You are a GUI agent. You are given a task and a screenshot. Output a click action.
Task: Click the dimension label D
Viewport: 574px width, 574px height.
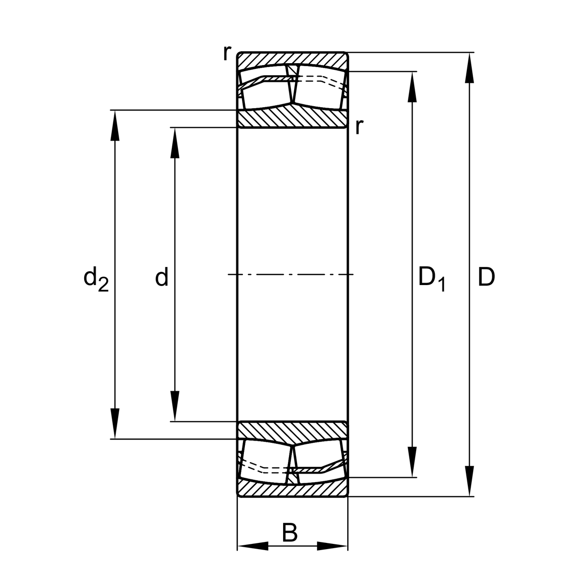486,277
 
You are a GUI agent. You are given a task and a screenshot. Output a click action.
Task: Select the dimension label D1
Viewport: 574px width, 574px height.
431,279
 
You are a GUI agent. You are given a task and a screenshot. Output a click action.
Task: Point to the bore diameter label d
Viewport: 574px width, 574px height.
162,277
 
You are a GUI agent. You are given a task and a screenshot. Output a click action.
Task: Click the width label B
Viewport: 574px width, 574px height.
289,533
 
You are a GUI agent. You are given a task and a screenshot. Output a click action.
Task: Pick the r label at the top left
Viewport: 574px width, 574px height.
226,54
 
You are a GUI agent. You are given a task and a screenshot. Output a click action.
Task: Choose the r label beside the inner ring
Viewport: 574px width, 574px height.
359,127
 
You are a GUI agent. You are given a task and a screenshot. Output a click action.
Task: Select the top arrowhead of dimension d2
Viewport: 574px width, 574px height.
114,125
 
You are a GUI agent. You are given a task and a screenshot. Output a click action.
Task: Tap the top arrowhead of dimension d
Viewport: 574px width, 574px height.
175,142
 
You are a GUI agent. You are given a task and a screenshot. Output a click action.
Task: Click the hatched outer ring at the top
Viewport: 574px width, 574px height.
292,59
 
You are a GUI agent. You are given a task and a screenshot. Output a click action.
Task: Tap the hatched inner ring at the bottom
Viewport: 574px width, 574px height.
292,430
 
